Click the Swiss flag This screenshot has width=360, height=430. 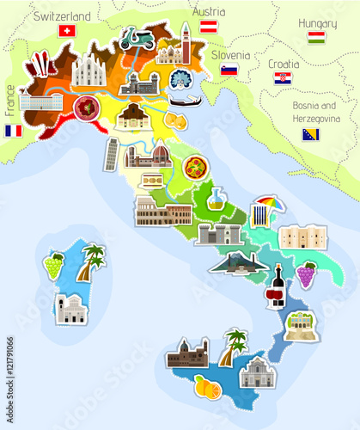66,31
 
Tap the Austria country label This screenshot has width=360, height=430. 208,12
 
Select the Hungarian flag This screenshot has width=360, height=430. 316,38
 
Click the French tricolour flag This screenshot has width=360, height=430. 13,131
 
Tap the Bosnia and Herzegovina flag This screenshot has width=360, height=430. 311,134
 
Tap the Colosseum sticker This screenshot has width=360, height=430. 162,211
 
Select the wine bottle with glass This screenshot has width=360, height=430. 275,287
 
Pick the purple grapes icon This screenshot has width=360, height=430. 305,275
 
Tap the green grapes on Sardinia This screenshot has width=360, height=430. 53,265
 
